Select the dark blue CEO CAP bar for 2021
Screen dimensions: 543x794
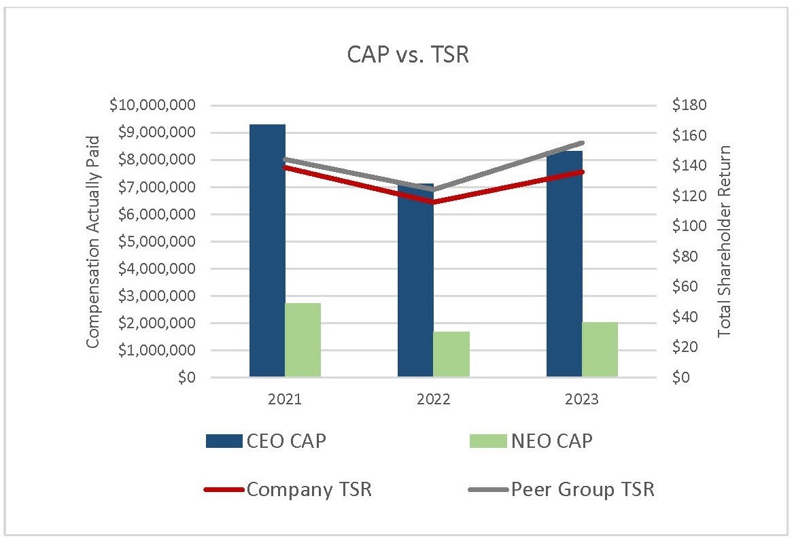click(267, 251)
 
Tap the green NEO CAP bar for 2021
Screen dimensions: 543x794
click(303, 340)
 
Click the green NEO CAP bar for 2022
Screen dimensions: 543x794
click(451, 354)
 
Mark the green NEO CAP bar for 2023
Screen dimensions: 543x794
click(600, 349)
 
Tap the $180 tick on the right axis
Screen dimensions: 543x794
click(689, 105)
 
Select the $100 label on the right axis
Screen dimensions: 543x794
click(689, 226)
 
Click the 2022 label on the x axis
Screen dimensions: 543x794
click(433, 400)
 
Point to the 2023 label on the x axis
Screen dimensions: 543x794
click(582, 400)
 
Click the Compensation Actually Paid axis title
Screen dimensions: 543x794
click(93, 241)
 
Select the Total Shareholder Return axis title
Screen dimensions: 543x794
click(725, 241)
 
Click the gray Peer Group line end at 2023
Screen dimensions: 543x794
click(583, 143)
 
